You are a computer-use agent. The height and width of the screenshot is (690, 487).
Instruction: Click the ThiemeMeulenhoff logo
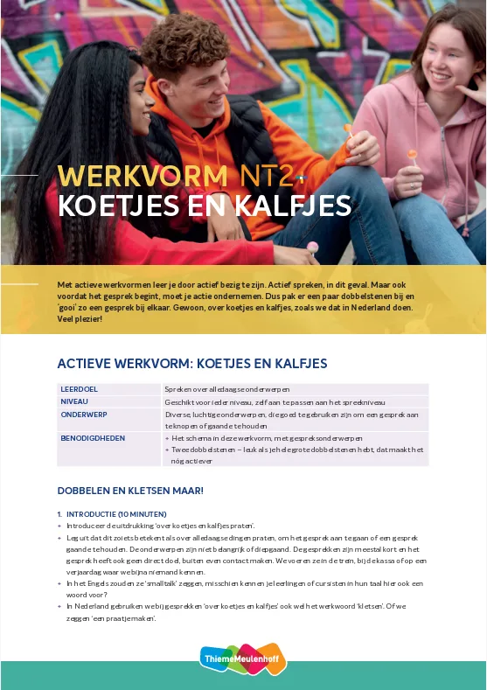pyautogui.click(x=243, y=658)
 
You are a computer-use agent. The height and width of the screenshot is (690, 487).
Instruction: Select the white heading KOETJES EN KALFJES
pyautogui.click(x=204, y=206)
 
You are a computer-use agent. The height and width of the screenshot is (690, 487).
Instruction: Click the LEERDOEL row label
pyautogui.click(x=80, y=388)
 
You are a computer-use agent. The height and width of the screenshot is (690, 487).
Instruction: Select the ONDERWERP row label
pyautogui.click(x=84, y=415)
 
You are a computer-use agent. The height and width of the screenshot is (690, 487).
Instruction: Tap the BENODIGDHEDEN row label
pyautogui.click(x=93, y=437)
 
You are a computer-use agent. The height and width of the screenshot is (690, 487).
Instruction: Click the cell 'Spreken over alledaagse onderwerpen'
pyautogui.click(x=226, y=388)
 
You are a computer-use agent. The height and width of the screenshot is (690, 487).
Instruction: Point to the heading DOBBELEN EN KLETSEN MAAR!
pyautogui.click(x=130, y=491)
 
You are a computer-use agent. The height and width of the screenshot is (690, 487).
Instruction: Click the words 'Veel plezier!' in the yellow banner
pyautogui.click(x=80, y=319)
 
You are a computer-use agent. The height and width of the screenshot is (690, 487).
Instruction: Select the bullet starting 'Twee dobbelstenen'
pyautogui.click(x=297, y=454)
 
